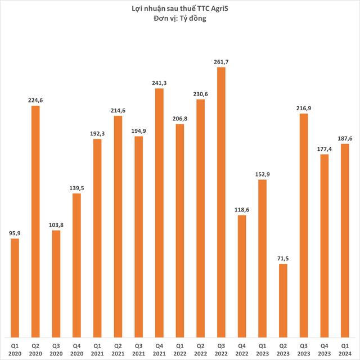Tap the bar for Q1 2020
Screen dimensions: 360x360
[15, 287]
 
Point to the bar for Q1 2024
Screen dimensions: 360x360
[345, 240]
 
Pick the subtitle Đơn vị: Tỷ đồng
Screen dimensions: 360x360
[180, 20]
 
